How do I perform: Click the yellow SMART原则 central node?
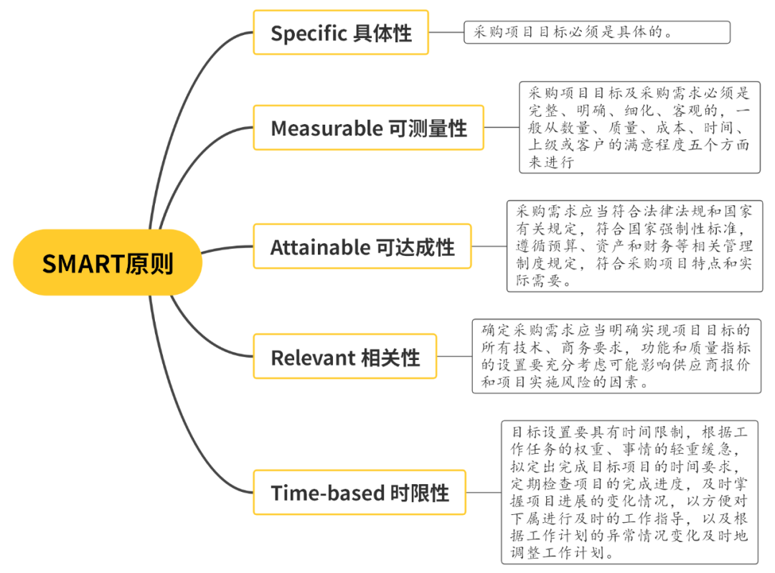(108, 262)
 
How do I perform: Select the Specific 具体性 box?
(341, 32)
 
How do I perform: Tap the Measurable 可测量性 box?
(368, 128)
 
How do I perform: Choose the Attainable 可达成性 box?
(362, 247)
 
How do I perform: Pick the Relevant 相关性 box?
(344, 356)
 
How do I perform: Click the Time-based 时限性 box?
(359, 492)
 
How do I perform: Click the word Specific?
(309, 33)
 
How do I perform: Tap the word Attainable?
(319, 247)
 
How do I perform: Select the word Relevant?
(313, 357)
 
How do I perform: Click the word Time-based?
(327, 493)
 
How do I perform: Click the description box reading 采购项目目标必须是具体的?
(597, 32)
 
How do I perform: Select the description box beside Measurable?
(639, 128)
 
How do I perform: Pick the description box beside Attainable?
(634, 246)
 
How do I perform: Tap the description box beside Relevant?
(616, 356)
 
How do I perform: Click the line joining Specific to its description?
(446, 32)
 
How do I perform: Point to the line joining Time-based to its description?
(484, 492)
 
